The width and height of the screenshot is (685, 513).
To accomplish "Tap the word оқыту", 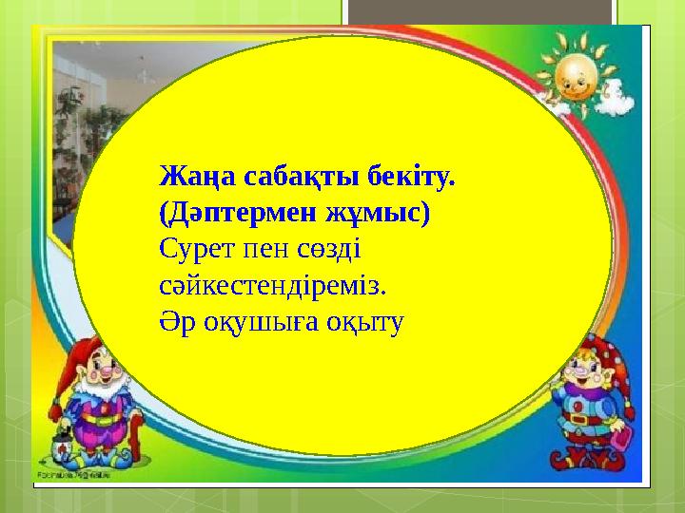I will [x=366, y=319].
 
